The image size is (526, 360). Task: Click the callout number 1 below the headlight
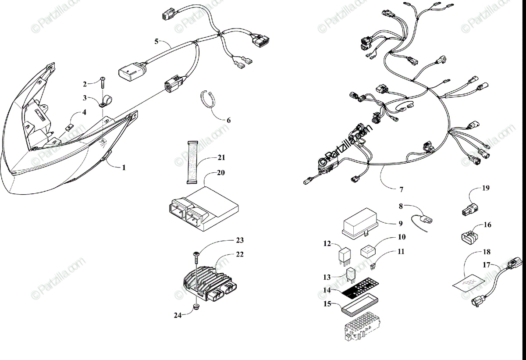pyautogui.click(x=124, y=168)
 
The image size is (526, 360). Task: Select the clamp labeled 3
pyautogui.click(x=105, y=102)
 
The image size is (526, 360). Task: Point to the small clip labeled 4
pyautogui.click(x=69, y=127)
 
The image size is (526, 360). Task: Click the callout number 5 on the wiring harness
pyautogui.click(x=156, y=42)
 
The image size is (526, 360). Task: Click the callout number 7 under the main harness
pyautogui.click(x=401, y=190)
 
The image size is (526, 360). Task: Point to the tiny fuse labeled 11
pyautogui.click(x=373, y=264)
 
